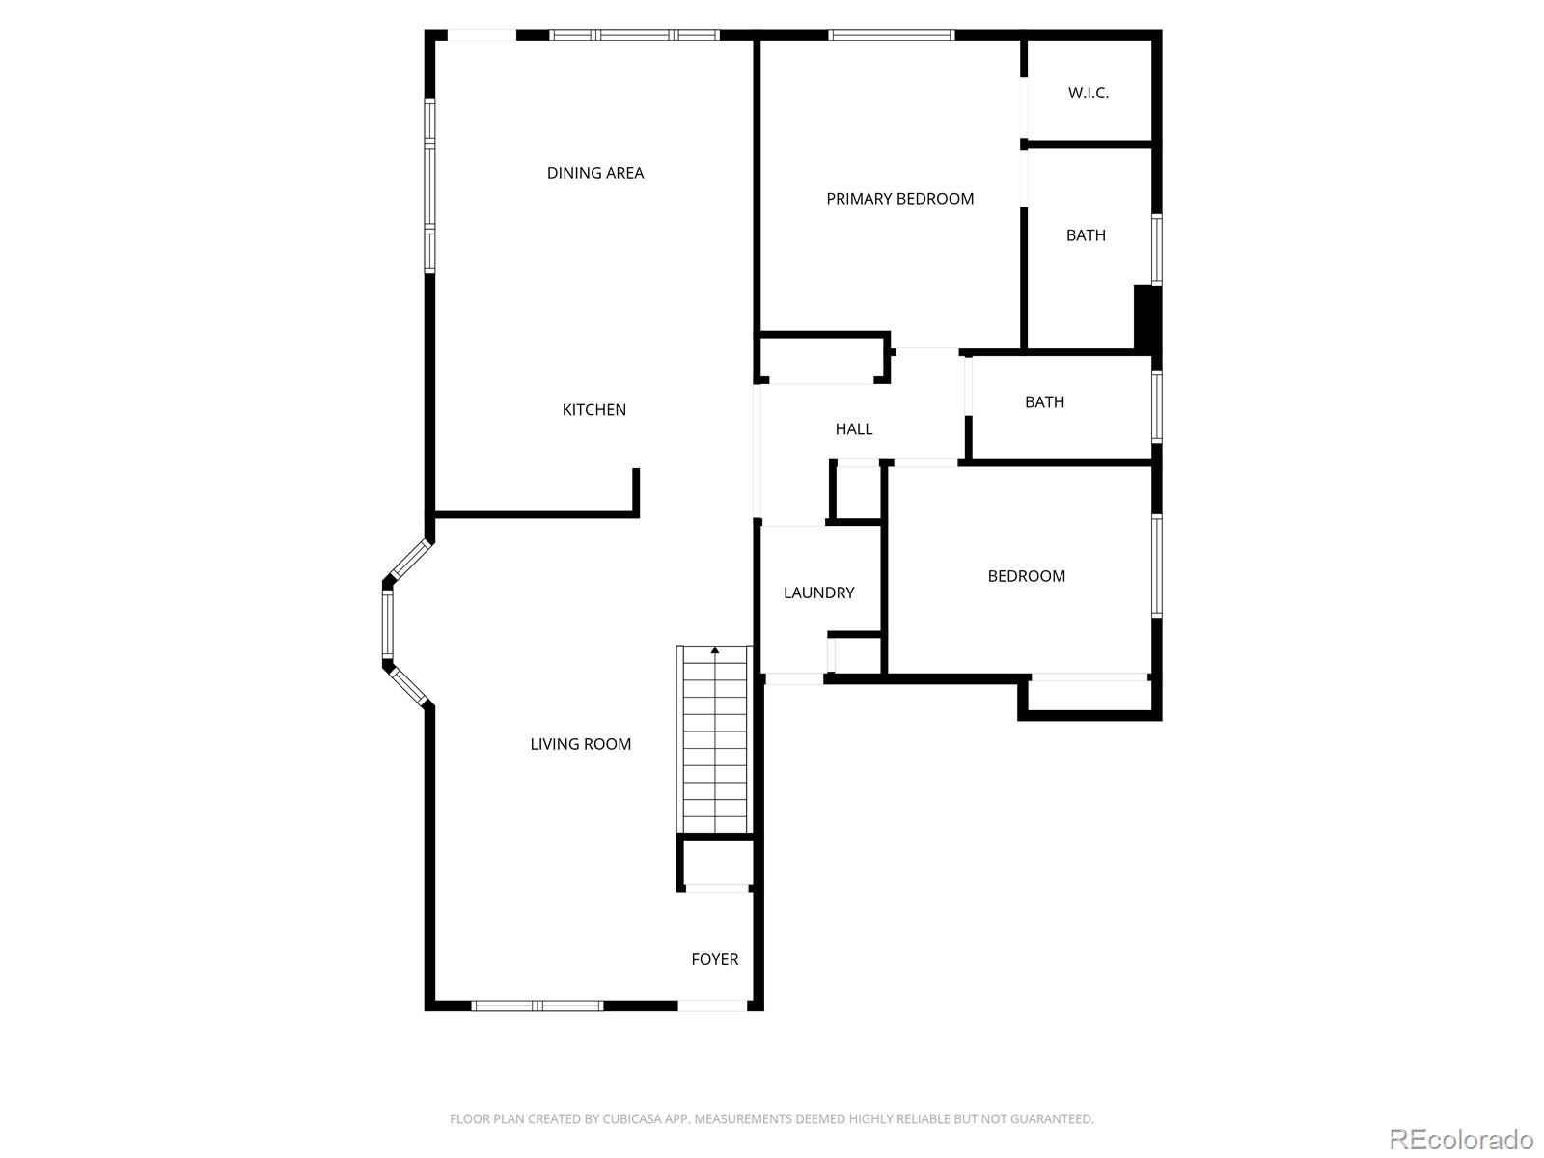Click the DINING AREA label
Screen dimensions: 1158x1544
pos(594,173)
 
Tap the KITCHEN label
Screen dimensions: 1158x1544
pos(593,410)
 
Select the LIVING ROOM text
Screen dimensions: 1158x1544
pos(580,744)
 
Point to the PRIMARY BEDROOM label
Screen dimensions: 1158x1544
pos(899,199)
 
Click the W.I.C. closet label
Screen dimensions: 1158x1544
pos(1088,94)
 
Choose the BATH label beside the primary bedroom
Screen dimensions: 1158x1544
pos(1085,235)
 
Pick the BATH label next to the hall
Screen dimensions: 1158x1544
pos(1044,402)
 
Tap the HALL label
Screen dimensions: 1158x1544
pos(853,429)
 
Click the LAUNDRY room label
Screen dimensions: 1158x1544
pos(818,593)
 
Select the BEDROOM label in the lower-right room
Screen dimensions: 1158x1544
pos(1026,576)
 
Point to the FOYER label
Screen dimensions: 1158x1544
pos(714,959)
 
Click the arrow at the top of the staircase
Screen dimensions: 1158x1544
pos(714,651)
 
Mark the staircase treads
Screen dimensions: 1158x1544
pos(714,743)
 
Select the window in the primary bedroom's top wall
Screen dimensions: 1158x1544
pos(890,36)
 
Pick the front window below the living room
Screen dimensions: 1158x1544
pos(537,1006)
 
